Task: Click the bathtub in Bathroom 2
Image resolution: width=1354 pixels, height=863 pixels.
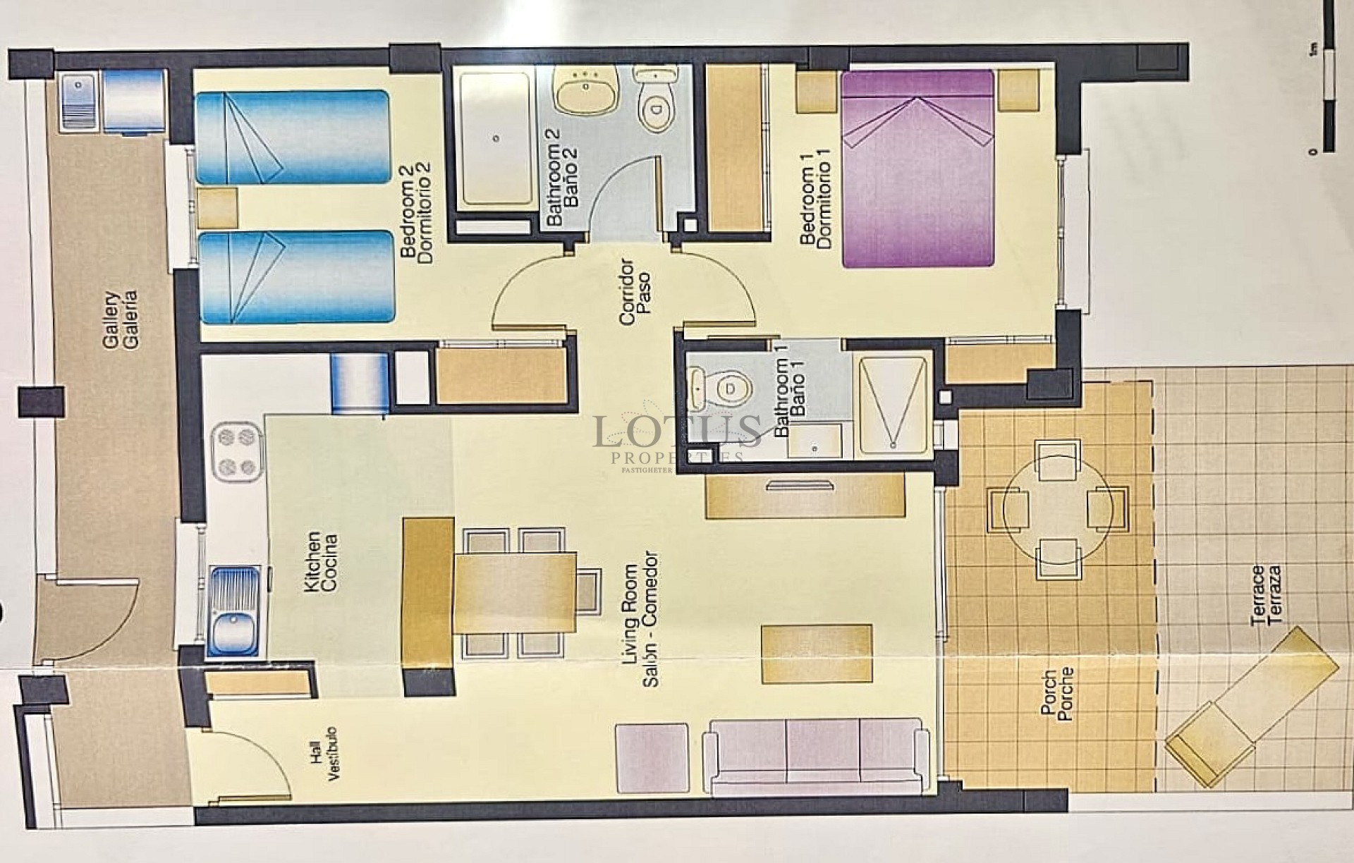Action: click(495, 138)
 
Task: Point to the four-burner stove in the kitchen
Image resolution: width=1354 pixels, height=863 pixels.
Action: click(237, 452)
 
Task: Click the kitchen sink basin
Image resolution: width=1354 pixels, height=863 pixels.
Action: click(235, 632)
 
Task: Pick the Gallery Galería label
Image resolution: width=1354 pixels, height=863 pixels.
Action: click(121, 320)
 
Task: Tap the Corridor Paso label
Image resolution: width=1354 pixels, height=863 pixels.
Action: click(635, 292)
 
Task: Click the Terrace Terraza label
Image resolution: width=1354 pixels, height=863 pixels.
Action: click(1266, 595)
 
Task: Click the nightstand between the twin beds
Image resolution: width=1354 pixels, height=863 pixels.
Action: click(217, 207)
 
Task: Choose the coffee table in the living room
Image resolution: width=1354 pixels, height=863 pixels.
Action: click(817, 654)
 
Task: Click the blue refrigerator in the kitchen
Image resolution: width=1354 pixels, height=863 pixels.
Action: click(360, 382)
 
